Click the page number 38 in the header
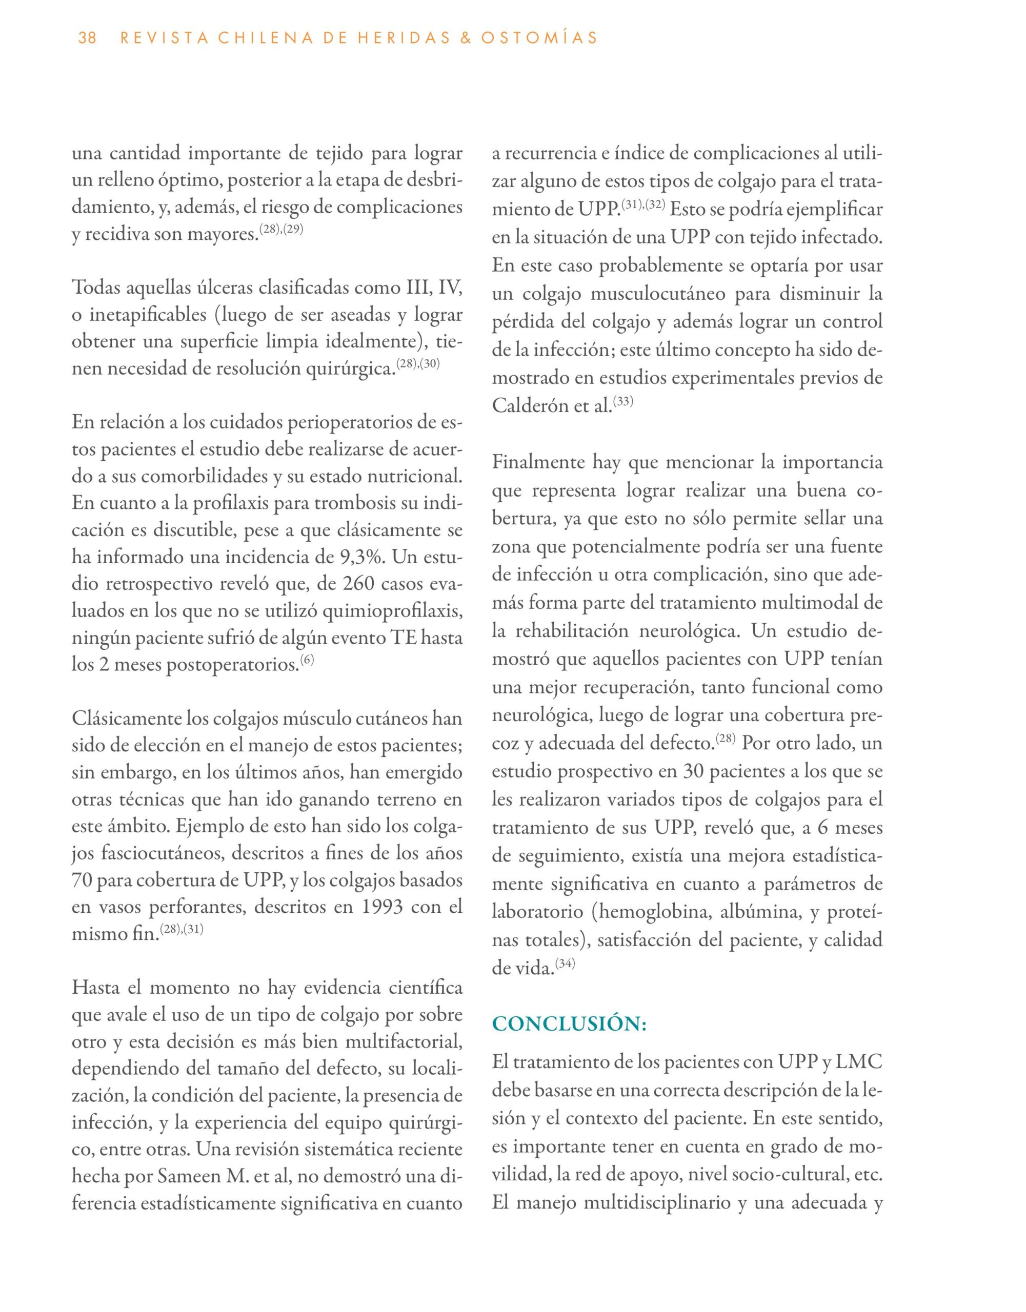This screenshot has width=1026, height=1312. coord(87,38)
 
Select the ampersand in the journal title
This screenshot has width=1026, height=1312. coord(463,38)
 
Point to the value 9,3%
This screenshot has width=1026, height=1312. coord(359,557)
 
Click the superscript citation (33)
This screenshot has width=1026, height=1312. coord(622,401)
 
